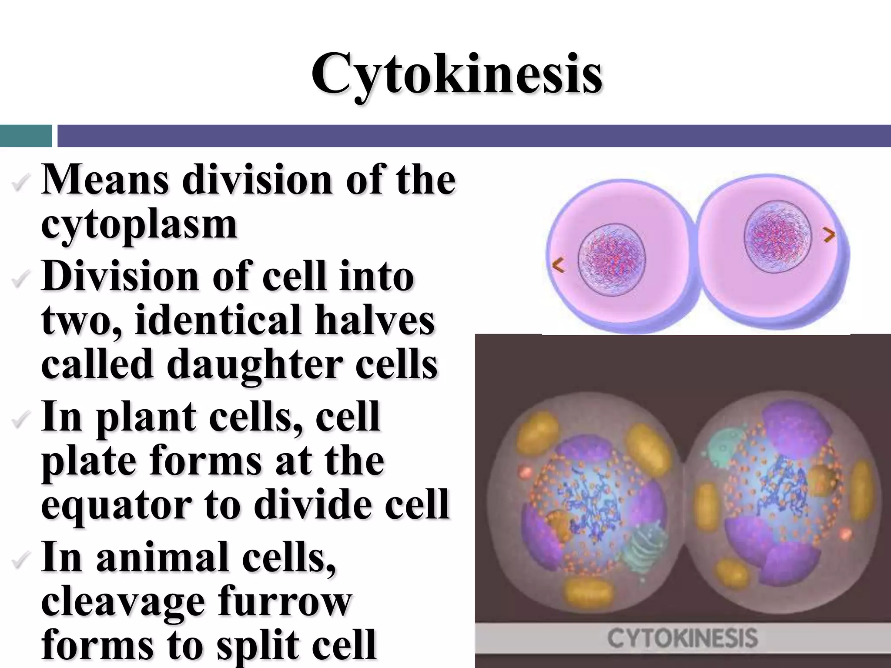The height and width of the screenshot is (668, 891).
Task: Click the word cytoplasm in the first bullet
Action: pyautogui.click(x=139, y=225)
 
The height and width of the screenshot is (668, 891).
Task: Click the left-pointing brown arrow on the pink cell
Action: pyautogui.click(x=558, y=265)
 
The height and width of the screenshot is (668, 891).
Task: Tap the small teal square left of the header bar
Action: pyautogui.click(x=26, y=136)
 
